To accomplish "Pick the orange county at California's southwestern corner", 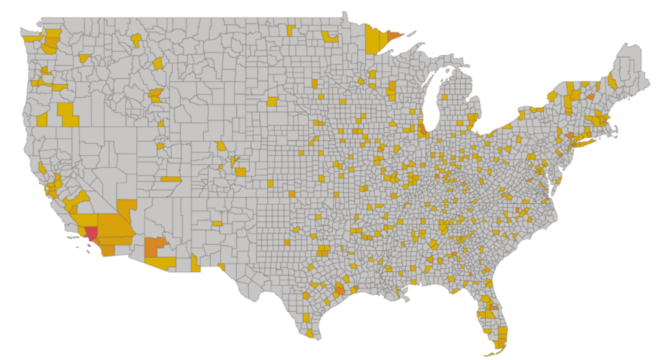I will (x=107, y=250).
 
